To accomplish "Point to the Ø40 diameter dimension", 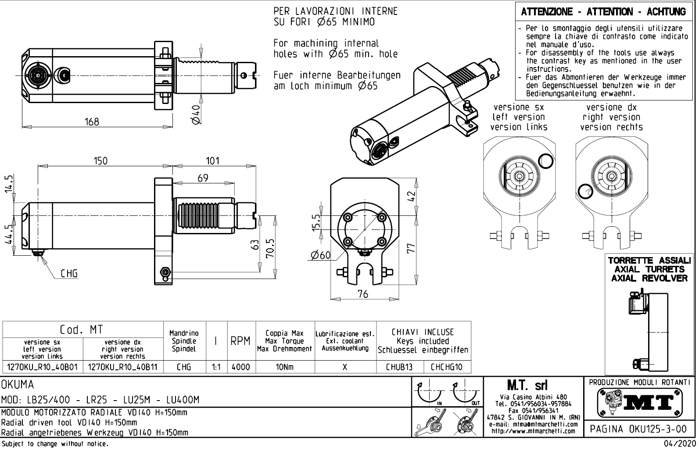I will tap(196, 114).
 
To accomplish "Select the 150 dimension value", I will tap(100, 161).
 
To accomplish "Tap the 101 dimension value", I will tap(212, 161).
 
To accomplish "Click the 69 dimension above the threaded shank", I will tap(203, 178).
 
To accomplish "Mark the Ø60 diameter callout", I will tap(320, 255).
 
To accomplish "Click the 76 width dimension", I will tap(362, 294).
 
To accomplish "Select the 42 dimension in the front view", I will tap(411, 197).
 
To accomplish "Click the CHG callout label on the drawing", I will tap(69, 274).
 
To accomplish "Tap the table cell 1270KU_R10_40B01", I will tap(43, 367).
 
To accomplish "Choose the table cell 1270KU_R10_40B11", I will tap(123, 367).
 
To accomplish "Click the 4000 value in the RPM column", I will tap(240, 367).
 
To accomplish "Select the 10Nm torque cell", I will tap(284, 367).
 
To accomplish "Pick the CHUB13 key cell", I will tap(399, 367).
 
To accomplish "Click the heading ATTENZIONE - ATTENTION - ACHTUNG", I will tap(603, 12).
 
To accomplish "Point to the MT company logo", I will tap(640, 402).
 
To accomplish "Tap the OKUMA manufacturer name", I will tap(18, 385).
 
